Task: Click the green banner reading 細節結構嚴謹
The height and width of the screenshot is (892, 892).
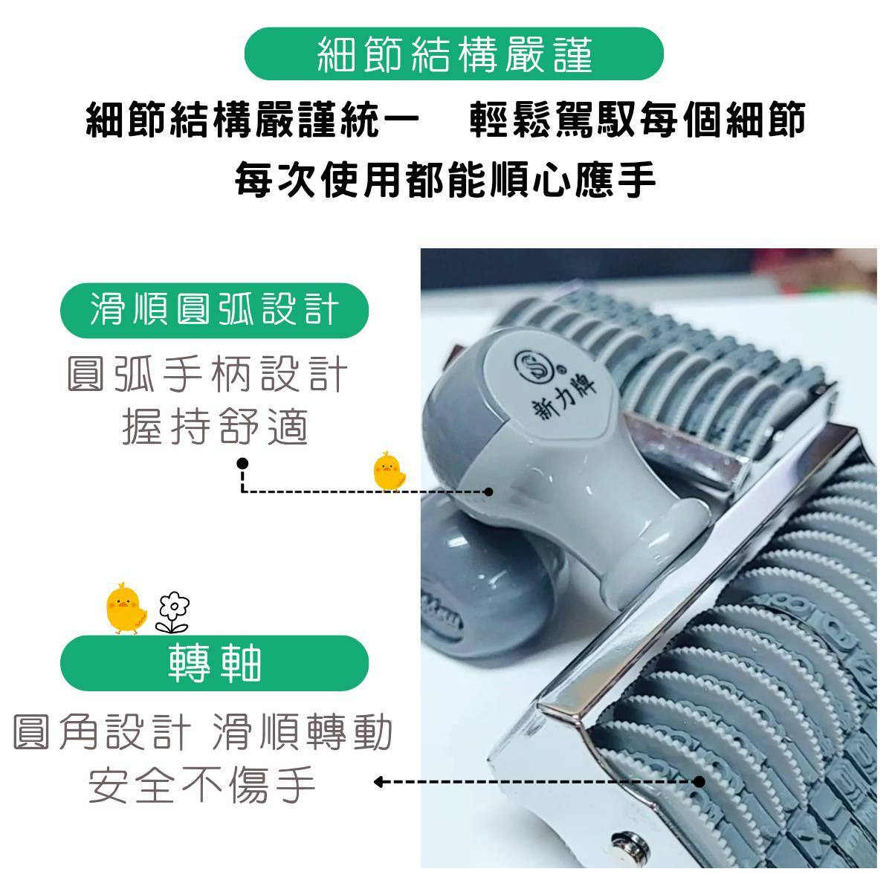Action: coord(453,54)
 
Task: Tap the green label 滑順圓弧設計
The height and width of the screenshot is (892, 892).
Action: coord(214,310)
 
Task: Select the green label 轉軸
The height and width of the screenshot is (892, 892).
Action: coord(214,663)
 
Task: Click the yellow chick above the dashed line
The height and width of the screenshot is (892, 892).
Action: coord(390,471)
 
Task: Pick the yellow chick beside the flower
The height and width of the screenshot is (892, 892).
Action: coord(126,608)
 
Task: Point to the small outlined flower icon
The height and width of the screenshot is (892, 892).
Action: coord(173,612)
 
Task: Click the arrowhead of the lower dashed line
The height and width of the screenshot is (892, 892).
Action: coord(378,782)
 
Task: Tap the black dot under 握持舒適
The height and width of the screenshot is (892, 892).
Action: coord(242,463)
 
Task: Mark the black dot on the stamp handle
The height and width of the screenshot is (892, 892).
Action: coord(488,491)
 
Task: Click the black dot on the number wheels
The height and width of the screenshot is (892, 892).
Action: coord(699,782)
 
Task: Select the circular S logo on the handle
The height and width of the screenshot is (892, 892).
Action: coord(535,364)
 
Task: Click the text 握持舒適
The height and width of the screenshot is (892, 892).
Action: coord(216,427)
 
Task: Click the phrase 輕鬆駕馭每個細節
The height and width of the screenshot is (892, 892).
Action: coord(638,120)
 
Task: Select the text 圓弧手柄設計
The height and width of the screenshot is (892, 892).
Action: coord(207,374)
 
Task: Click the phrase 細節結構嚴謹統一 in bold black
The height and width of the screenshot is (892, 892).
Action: coord(253,120)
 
